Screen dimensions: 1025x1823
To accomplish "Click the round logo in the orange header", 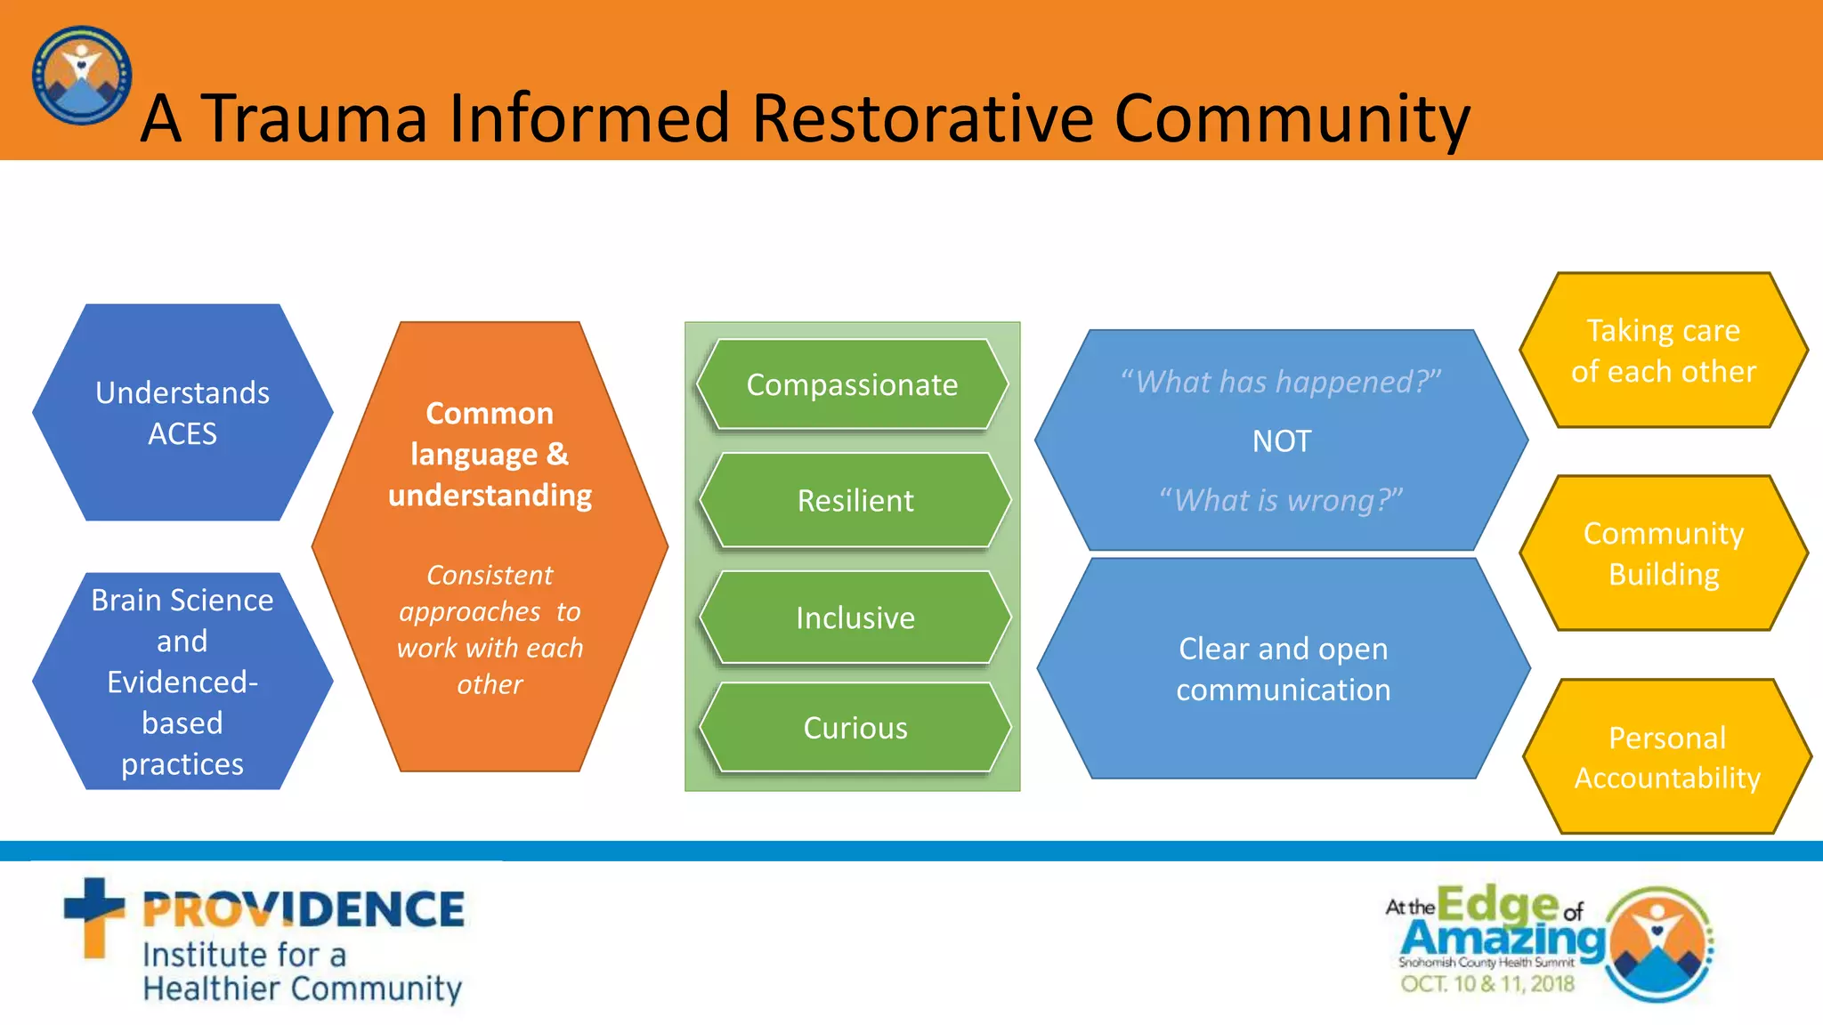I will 81,75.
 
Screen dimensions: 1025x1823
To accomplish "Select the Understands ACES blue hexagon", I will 182,413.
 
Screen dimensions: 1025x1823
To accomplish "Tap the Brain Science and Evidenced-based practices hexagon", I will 182,682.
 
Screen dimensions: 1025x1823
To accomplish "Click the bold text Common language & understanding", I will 490,454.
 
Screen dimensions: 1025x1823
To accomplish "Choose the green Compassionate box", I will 852,384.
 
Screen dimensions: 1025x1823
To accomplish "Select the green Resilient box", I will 855,500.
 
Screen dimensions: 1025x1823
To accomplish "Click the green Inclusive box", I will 855,617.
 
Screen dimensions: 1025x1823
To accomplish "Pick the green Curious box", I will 855,728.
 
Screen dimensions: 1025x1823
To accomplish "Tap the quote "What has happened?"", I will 1281,382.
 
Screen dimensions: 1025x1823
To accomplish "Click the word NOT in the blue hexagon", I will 1281,441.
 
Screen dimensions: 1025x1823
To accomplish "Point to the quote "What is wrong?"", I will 1281,500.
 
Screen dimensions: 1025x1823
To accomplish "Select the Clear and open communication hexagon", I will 1283,669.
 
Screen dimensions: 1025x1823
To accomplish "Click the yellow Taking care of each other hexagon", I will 1663,351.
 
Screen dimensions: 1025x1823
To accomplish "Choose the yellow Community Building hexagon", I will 1663,553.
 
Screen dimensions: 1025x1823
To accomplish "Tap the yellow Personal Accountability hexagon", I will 1666,757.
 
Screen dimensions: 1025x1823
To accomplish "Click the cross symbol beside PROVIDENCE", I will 93,916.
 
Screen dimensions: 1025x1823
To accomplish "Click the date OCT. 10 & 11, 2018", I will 1487,984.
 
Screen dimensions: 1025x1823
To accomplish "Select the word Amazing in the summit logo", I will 1503,938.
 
